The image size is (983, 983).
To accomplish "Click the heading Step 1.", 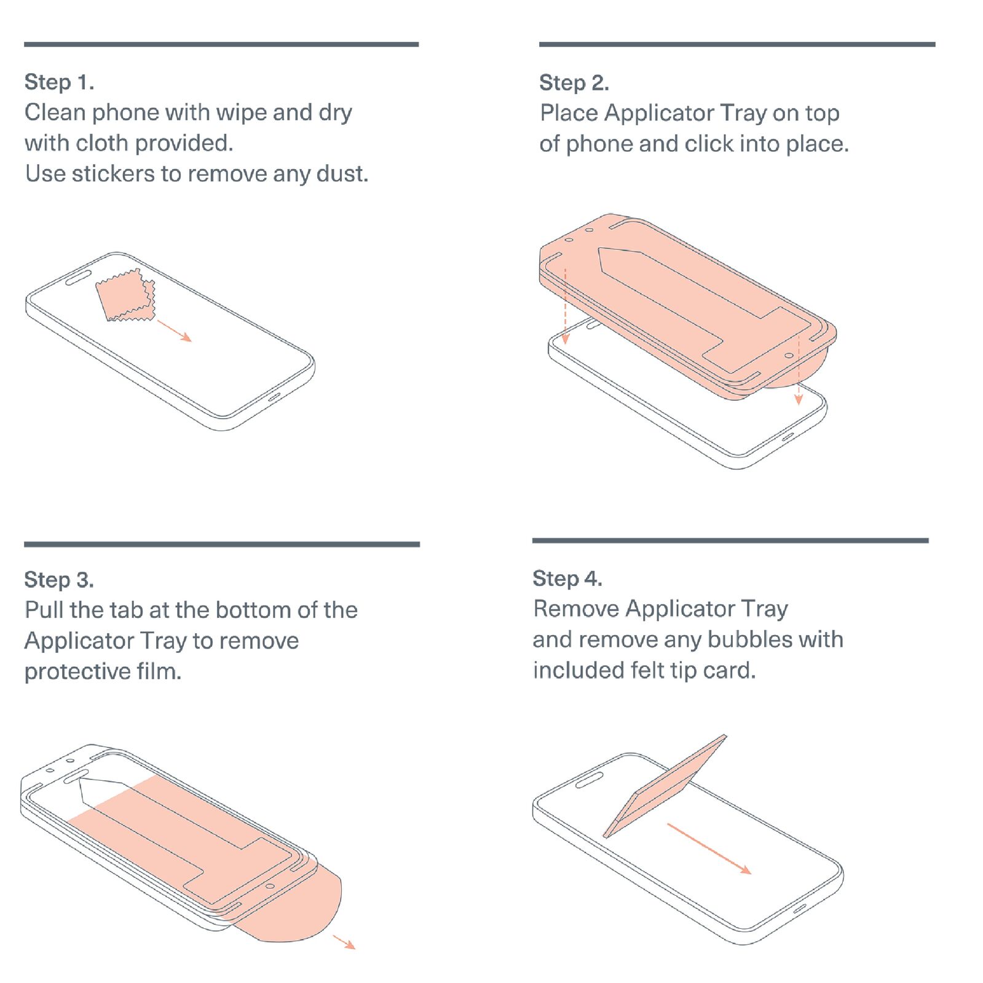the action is pos(59,82).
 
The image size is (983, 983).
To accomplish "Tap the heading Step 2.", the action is pos(574,82).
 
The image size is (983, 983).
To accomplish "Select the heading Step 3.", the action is pos(59,579).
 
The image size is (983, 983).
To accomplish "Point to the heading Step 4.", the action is pos(567,578).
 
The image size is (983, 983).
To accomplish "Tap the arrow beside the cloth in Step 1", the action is pos(175,330).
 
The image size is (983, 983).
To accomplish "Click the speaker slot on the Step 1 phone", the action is pos(78,278).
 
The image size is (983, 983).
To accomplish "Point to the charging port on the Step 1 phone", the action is pos(274,397).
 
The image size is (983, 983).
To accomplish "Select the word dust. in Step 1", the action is pos(342,173).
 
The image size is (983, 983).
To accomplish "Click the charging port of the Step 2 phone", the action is pos(786,436).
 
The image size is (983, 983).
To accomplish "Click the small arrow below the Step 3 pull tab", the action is pos(344,942).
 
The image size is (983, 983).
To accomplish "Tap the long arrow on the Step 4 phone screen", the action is pos(709,849).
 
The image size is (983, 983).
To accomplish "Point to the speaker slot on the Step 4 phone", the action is pos(588,780).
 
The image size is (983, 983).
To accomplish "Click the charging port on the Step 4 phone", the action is pos(800,909).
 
